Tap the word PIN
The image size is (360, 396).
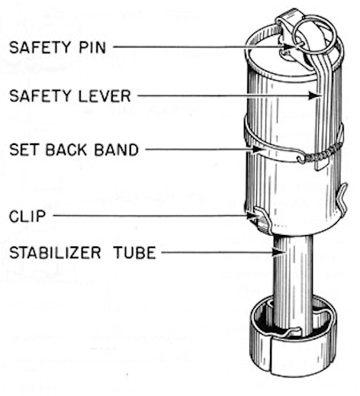[x=92, y=47]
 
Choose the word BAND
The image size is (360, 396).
[x=117, y=150]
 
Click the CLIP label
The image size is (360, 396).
[x=27, y=216]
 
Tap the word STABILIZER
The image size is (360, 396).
[x=55, y=253]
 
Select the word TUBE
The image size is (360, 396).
[x=134, y=253]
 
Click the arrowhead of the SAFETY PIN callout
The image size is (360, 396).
[x=289, y=47]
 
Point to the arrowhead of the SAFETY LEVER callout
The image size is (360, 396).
[x=315, y=95]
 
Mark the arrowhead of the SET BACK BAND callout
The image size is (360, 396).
[x=259, y=150]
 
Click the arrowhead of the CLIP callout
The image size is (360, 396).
[x=253, y=216]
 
